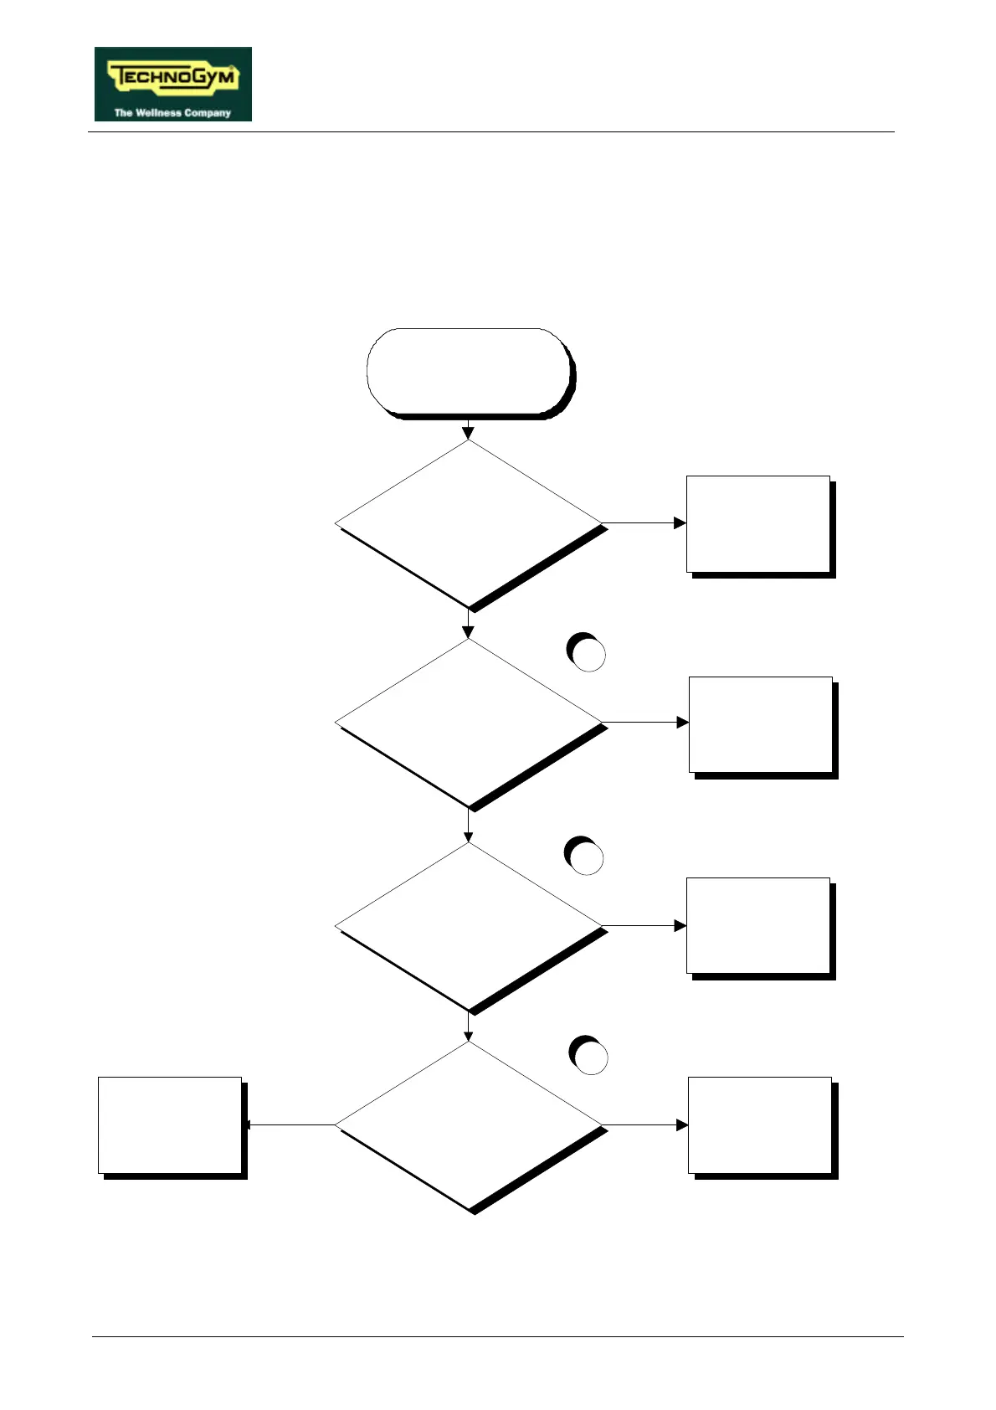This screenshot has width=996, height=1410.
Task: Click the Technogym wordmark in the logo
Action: [173, 78]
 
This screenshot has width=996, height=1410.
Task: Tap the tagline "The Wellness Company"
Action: [172, 112]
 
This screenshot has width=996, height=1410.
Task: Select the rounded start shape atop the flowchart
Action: [469, 372]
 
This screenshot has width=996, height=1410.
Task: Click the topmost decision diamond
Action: [469, 524]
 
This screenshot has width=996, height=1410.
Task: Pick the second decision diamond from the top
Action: [469, 723]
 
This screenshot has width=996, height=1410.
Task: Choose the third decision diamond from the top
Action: [469, 926]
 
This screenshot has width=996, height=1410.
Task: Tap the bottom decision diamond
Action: [469, 1124]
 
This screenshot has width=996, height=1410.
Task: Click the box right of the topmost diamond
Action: [758, 524]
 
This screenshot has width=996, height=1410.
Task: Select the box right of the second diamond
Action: [761, 724]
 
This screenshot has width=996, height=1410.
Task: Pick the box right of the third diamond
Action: [758, 925]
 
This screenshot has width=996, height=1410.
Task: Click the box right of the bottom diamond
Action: [760, 1124]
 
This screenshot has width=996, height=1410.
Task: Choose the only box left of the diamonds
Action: [170, 1124]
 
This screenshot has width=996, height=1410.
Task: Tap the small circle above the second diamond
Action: [588, 653]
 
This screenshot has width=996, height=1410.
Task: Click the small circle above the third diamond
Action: [585, 857]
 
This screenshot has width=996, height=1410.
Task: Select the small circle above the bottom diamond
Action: [589, 1057]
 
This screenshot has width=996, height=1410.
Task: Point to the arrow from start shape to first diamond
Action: [468, 430]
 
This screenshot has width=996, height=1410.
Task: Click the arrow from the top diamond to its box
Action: [644, 523]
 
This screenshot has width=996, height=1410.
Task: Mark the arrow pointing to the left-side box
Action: [289, 1124]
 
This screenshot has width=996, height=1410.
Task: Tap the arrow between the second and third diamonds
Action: [468, 826]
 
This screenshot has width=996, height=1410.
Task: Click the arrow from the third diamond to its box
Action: [644, 925]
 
